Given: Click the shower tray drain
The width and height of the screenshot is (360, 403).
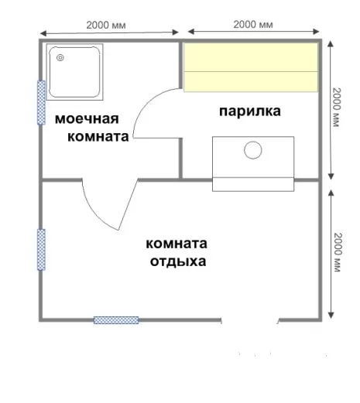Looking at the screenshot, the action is [60, 58].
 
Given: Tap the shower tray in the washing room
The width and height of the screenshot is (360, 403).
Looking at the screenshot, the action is [74, 72].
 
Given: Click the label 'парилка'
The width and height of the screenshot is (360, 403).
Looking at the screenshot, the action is [250, 111].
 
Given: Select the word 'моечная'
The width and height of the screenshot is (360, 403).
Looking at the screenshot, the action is [87, 119].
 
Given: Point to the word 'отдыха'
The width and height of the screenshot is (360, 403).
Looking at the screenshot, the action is [178, 261].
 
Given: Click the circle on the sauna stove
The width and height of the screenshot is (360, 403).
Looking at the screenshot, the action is [253, 150].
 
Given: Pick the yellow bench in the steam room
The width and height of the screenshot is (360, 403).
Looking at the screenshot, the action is [251, 67].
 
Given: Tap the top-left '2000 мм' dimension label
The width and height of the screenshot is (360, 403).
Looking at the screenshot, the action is [106, 26].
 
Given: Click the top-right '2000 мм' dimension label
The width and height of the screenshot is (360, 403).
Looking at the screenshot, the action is [253, 25].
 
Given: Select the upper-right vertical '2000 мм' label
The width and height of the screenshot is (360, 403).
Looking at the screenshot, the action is [337, 108].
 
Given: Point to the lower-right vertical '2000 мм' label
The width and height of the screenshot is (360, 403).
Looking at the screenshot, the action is [338, 252].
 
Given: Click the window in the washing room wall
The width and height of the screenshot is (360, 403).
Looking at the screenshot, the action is [41, 102].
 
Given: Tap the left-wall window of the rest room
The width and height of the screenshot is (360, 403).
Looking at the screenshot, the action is [41, 250].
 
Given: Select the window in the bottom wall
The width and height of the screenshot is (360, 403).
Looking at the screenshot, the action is [116, 320].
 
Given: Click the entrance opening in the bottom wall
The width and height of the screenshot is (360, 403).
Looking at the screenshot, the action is [250, 320].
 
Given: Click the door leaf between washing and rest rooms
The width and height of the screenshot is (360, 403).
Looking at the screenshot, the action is [128, 204].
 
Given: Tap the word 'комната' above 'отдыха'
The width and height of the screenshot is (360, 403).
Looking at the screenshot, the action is [177, 244].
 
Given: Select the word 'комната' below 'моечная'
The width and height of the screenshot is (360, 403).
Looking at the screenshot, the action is [98, 137].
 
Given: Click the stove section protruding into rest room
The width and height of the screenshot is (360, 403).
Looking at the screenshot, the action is [253, 185].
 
